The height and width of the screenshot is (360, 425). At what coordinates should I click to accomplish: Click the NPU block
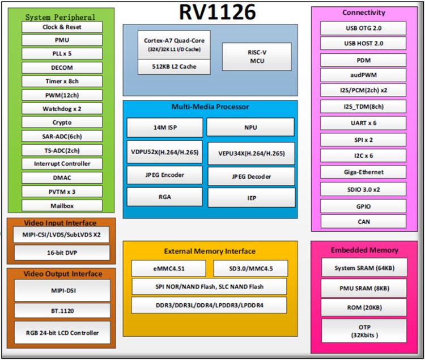coord(250,128)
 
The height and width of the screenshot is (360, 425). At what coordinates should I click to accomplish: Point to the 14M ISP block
coord(165,128)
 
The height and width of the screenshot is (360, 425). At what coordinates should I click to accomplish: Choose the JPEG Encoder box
coord(165,175)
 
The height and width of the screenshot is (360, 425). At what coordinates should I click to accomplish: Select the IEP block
coord(252,198)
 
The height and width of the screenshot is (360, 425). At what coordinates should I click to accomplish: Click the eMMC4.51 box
coord(169,268)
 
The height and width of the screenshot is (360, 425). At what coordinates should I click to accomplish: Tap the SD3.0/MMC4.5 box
coord(250,268)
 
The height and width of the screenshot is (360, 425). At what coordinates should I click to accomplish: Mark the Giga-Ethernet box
coord(363,172)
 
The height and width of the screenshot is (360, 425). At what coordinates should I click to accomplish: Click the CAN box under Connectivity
coord(363,222)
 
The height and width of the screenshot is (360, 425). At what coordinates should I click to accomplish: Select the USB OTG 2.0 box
coord(363,28)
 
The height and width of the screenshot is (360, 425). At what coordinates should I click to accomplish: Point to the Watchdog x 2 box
coord(62,109)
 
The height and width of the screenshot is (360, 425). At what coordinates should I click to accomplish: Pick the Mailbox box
coord(62,206)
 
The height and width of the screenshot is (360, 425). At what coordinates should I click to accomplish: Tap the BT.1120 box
coord(62,311)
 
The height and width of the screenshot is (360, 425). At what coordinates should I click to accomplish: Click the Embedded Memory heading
coord(364,250)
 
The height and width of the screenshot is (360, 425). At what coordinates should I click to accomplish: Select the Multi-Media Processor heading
coord(210,107)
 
